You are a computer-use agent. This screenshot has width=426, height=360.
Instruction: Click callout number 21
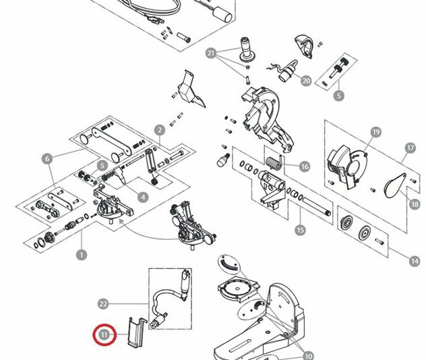[x=210, y=53]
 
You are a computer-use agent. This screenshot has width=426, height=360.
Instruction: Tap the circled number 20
[x=306, y=81]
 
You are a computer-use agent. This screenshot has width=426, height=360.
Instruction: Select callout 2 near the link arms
[x=160, y=130]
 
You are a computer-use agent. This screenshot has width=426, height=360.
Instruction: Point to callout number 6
[x=47, y=159]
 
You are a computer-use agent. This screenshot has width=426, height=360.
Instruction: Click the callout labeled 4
[x=142, y=197]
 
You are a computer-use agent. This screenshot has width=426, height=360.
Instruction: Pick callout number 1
[x=82, y=255]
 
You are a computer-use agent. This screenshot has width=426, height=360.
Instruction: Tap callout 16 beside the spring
[x=305, y=167]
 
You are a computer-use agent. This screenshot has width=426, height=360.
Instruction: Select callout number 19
[x=375, y=132]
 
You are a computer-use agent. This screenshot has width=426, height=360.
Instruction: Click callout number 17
[x=410, y=147]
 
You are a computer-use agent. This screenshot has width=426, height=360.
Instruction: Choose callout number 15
[x=300, y=230]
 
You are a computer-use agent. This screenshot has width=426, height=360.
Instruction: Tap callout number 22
[x=103, y=303]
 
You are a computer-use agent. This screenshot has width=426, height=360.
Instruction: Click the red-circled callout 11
[x=104, y=334]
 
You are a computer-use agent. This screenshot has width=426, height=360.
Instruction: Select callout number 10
[x=309, y=355]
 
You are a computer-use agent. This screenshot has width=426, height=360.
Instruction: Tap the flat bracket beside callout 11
[x=135, y=331]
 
